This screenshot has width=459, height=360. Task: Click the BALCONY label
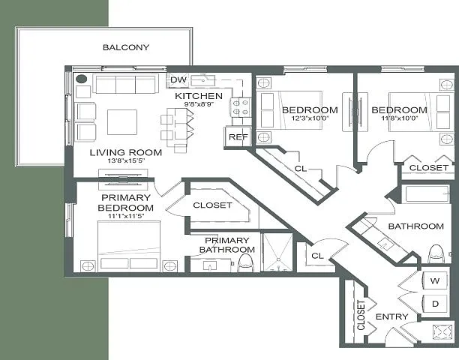(126, 47)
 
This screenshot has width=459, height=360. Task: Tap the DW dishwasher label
(178, 80)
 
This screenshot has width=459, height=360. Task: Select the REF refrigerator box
(238, 136)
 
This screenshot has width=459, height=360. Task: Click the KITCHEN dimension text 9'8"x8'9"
(199, 104)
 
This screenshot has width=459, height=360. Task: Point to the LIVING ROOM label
(125, 152)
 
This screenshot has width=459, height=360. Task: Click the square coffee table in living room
(122, 122)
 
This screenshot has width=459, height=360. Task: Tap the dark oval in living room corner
(82, 79)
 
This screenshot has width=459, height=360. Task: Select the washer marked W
(435, 280)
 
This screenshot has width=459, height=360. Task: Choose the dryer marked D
(435, 304)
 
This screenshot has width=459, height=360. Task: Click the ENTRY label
(391, 316)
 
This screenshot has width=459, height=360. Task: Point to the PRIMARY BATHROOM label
(226, 245)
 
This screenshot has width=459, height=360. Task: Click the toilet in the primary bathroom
(245, 262)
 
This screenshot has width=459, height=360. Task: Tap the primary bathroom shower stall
(277, 252)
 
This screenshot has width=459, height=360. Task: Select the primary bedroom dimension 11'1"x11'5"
(126, 216)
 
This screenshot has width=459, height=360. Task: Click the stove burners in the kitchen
(240, 107)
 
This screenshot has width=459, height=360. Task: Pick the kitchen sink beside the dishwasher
(203, 80)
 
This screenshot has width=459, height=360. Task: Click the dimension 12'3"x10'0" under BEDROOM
(310, 118)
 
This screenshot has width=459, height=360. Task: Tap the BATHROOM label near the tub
(415, 226)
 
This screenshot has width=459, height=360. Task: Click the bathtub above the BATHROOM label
(427, 193)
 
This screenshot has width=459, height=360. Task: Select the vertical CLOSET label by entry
(361, 315)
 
